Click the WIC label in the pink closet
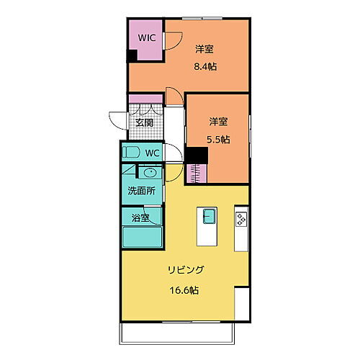(147, 37)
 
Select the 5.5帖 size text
(219, 140)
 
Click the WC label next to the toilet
(153, 153)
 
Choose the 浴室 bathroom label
(140, 217)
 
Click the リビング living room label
(186, 270)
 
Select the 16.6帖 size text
(186, 291)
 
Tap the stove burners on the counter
(240, 219)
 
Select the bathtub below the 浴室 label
(143, 237)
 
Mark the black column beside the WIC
(132, 56)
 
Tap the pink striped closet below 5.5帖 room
(197, 173)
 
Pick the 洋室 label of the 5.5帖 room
(219, 122)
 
